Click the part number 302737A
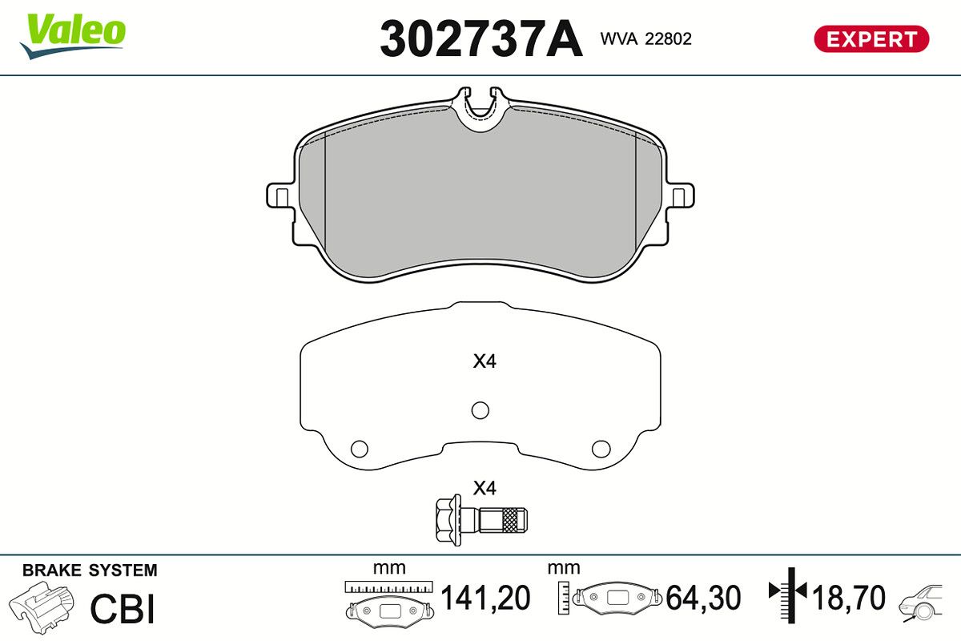[x=481, y=38]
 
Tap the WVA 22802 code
[x=646, y=39]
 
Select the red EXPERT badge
[x=871, y=39]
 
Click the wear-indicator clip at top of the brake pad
[x=480, y=109]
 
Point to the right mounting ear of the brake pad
[x=680, y=196]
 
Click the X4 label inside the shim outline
[x=485, y=361]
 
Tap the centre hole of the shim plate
[x=480, y=410]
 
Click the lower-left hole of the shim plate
[x=359, y=449]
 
